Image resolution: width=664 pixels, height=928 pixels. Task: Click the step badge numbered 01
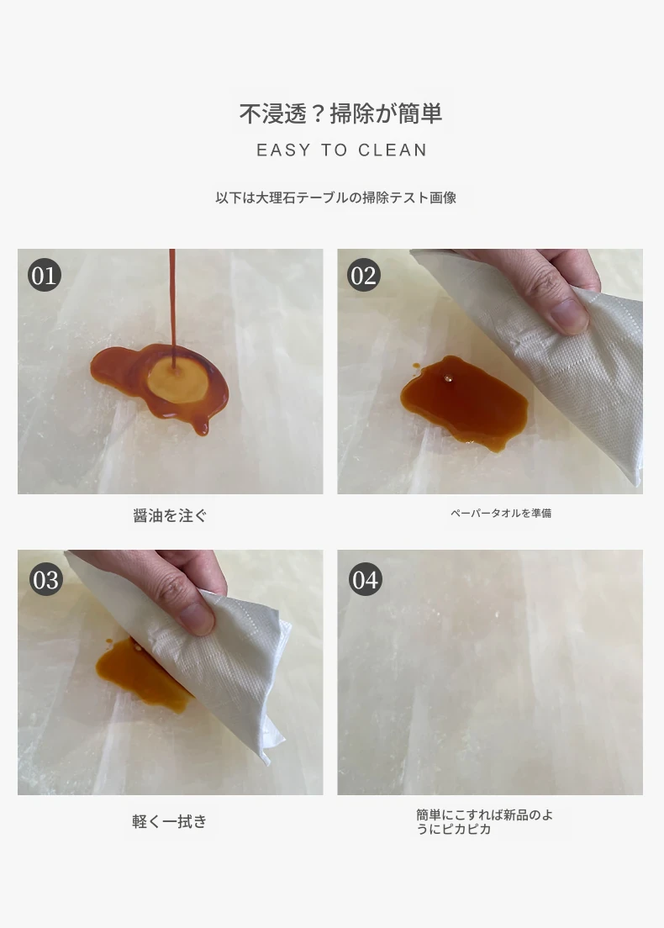point(45,275)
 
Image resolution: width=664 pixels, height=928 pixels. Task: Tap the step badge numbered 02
point(363,275)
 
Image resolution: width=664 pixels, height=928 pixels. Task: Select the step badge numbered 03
point(45,579)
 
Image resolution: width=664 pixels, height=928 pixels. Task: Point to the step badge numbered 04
point(365,579)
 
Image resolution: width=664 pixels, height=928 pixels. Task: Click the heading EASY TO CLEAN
point(341,150)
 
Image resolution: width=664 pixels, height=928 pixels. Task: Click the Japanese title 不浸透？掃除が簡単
point(341,113)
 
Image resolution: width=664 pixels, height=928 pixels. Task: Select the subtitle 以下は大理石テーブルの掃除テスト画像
point(335,198)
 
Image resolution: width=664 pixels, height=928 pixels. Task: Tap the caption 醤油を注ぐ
point(170,515)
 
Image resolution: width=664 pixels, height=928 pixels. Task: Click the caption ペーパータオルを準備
point(501,513)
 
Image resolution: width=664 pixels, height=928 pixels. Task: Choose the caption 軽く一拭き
point(169,821)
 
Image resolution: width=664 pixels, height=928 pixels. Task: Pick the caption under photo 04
point(484,821)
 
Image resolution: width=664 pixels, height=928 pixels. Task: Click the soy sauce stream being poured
point(172,308)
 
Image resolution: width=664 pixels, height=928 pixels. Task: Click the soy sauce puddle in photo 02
point(465,401)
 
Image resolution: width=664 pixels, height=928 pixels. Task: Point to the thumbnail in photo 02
point(569,314)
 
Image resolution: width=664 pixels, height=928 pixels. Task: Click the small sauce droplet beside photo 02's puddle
point(416,367)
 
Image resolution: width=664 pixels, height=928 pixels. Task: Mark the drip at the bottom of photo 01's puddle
point(203,426)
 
